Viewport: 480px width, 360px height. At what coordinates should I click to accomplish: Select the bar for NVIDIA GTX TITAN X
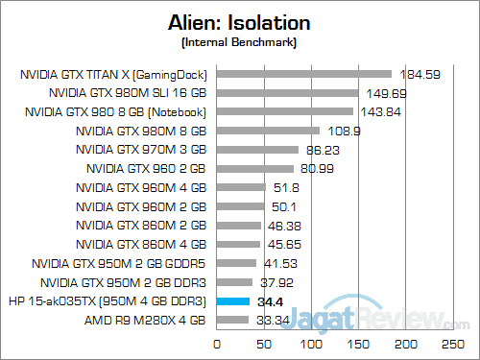click(x=304, y=74)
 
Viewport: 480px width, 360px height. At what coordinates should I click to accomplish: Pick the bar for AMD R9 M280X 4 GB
click(x=233, y=320)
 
